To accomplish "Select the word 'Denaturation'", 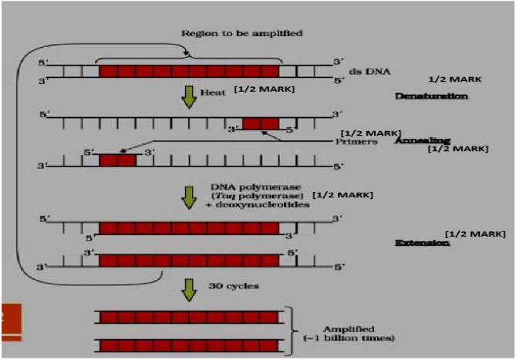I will click(x=431, y=96).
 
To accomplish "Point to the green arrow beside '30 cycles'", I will click(x=187, y=289).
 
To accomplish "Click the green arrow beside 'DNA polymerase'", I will click(x=187, y=197).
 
